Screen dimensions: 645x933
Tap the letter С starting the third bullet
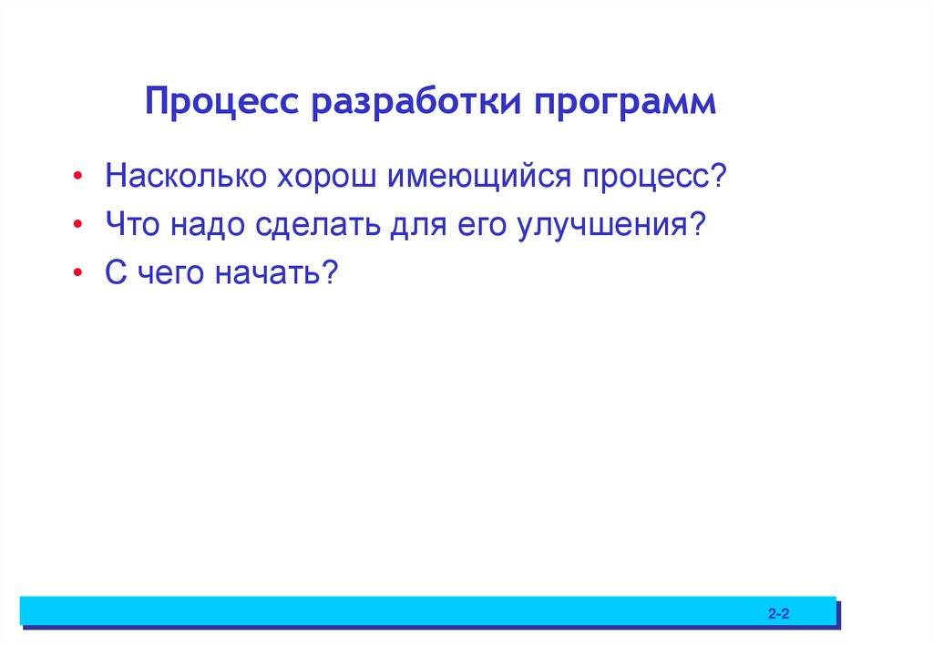pos(114,272)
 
